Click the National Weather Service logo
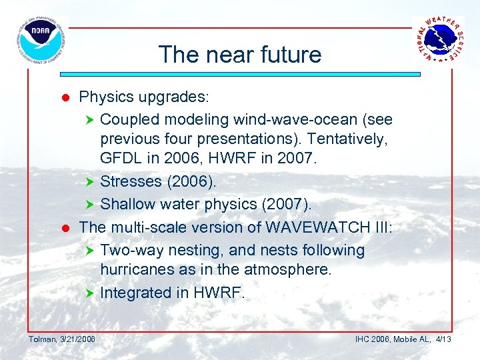439,41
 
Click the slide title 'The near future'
240,55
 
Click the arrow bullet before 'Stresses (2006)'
91,182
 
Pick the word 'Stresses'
131,181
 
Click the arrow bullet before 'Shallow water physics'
91,203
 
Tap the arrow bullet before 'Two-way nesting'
91,251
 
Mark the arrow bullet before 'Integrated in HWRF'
91,293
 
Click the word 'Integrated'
133,293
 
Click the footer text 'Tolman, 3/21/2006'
61,339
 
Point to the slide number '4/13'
443,339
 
